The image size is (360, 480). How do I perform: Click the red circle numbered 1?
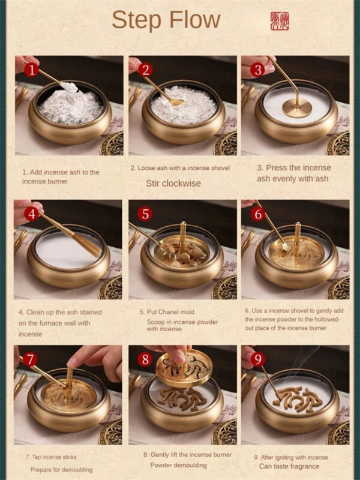(x=31, y=70)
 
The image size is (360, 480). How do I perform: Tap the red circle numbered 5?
(x=145, y=214)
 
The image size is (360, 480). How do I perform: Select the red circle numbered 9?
(x=258, y=359)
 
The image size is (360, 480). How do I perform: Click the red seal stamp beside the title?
(x=280, y=21)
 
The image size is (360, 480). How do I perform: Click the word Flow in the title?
(x=194, y=20)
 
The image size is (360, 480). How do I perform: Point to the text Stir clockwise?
(x=173, y=184)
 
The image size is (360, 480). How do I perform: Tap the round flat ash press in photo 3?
(x=297, y=107)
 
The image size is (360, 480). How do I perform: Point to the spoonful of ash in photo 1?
(x=70, y=87)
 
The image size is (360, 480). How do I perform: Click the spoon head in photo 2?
(x=176, y=102)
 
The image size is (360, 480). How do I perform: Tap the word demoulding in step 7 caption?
(x=77, y=470)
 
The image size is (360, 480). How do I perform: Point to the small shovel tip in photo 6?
(x=286, y=247)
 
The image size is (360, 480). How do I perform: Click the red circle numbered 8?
(x=145, y=359)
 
